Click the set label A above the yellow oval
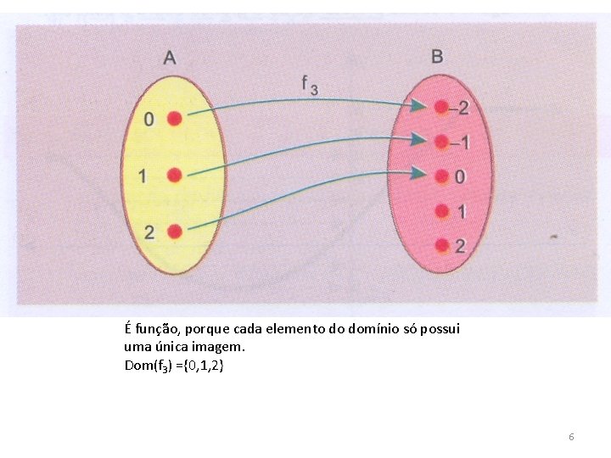coord(170,58)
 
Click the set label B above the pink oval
coord(437,57)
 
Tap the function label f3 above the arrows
coord(309,84)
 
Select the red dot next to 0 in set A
coord(174,119)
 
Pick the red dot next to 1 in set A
coord(174,176)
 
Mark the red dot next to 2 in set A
coord(174,231)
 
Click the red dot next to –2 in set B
coord(440,107)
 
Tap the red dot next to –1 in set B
coord(440,142)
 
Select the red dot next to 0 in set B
coord(440,176)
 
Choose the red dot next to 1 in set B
coord(440,210)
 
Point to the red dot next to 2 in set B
coord(441,245)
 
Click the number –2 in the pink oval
coord(459,109)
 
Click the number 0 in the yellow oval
coord(149,120)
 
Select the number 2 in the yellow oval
coord(149,232)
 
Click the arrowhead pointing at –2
coord(419,106)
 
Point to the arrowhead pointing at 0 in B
coord(419,174)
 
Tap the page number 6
coord(571,437)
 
